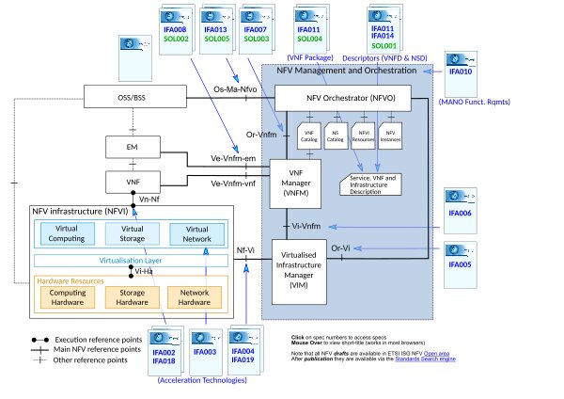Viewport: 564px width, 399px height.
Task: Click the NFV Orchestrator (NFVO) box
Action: (x=351, y=97)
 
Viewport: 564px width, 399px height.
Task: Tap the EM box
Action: (x=132, y=147)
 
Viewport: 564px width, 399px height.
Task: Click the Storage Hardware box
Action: (x=132, y=296)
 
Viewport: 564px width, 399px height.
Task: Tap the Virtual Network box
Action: (x=197, y=232)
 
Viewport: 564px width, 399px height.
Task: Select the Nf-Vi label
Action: (x=245, y=251)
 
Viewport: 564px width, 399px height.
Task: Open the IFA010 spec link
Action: (x=460, y=72)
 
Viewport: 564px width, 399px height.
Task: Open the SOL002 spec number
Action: (x=175, y=40)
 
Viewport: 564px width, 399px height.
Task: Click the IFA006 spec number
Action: (x=460, y=214)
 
